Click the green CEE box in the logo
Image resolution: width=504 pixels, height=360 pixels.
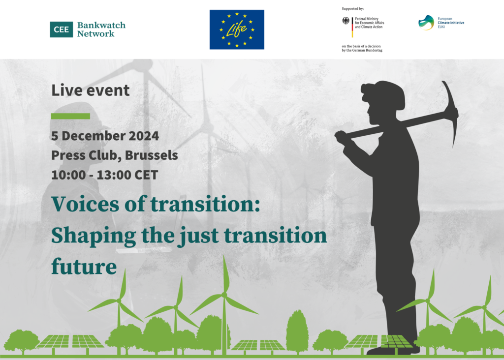[61, 30]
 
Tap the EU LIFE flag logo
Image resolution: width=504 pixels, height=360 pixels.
[237, 30]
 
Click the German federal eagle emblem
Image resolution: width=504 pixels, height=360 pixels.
[346, 21]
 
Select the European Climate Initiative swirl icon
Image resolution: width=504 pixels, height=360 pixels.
[426, 23]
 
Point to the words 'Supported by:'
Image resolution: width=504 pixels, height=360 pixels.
[352, 9]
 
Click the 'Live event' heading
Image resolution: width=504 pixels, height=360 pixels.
[91, 90]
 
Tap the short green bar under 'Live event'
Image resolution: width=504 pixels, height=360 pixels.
[70, 116]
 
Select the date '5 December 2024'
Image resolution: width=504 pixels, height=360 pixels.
[105, 136]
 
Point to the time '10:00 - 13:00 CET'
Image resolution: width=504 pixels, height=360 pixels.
[104, 175]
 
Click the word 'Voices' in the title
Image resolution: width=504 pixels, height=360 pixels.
[82, 204]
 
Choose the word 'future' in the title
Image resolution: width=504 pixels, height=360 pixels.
[84, 267]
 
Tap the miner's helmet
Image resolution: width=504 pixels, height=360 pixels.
[385, 91]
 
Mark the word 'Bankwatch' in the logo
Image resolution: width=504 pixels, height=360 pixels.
[101, 25]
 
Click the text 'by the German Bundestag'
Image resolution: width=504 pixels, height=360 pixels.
[362, 50]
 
